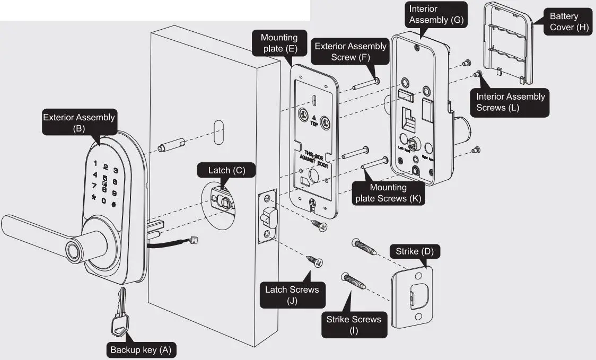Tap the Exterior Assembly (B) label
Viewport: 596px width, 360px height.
79,122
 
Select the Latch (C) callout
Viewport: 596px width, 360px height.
226,170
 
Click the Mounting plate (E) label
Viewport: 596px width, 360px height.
279,43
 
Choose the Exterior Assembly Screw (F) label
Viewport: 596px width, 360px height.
350,51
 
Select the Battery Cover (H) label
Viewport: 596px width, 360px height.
563,22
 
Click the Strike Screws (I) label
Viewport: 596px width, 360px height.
353,324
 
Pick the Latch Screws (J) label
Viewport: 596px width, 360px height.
292,295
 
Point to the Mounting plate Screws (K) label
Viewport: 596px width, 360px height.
388,192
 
